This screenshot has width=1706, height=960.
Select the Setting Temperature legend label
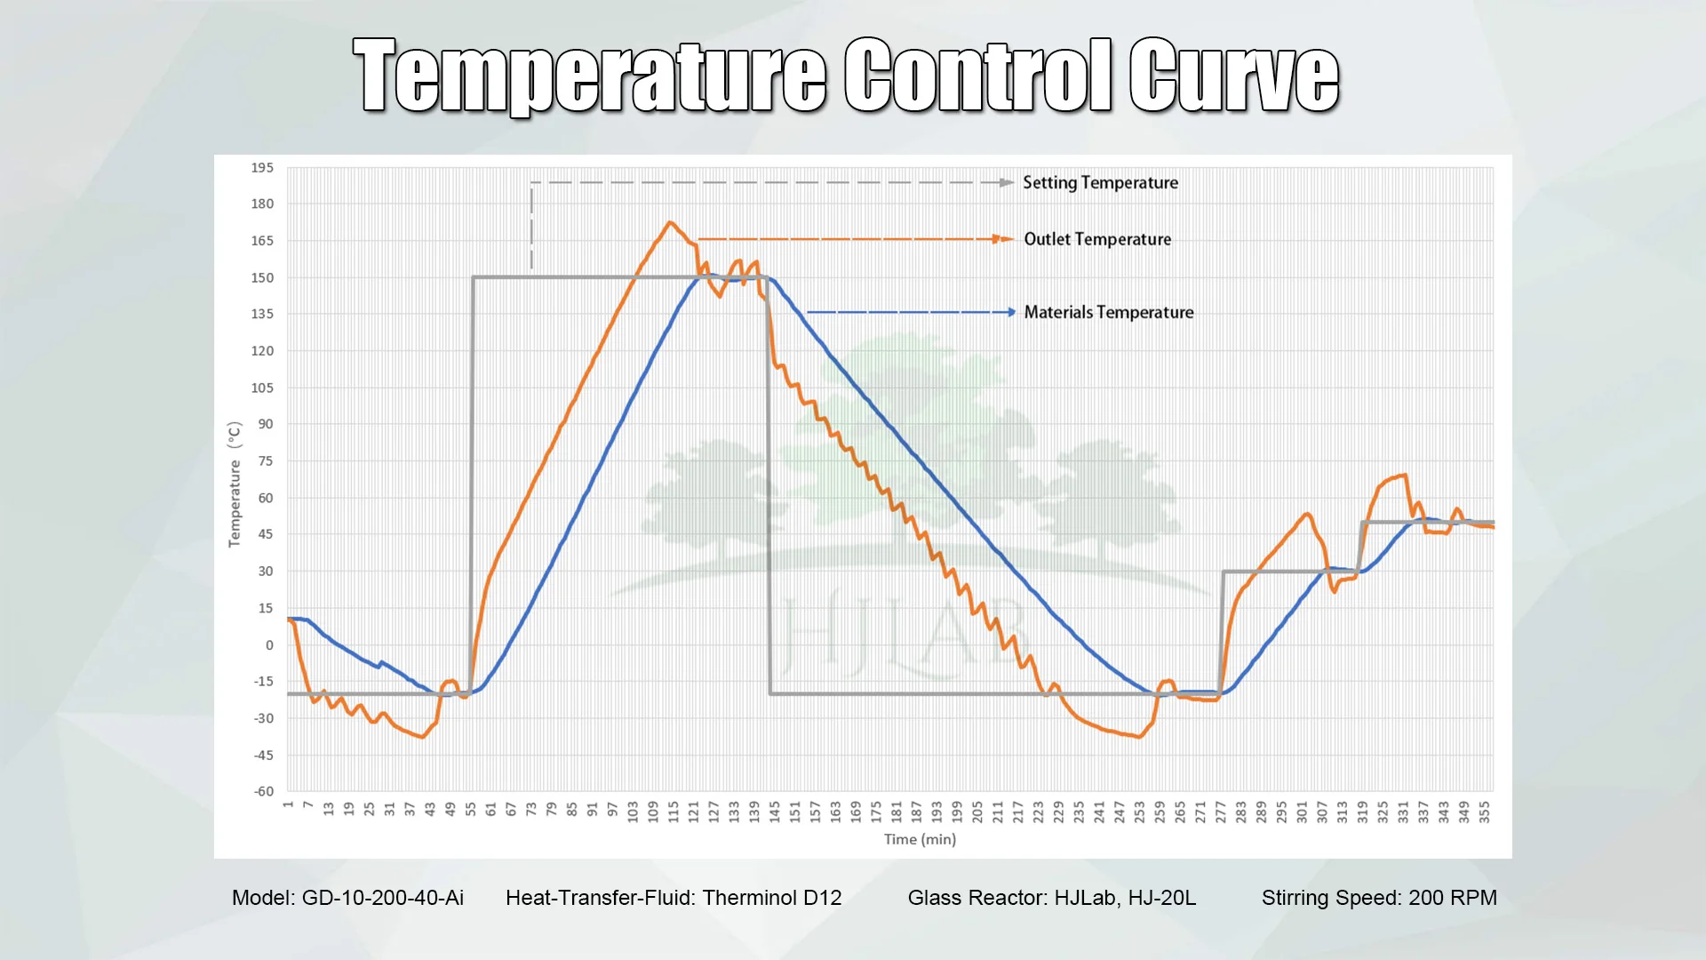1100,182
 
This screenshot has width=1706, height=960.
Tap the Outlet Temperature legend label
1097,239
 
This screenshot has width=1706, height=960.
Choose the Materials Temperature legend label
1108,312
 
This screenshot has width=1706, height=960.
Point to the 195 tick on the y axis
262,167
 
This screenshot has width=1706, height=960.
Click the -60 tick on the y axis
264,791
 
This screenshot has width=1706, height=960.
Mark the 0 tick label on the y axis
269,644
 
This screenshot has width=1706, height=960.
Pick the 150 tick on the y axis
262,277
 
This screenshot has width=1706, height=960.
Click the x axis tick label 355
1484,811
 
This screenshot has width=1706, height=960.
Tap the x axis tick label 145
775,811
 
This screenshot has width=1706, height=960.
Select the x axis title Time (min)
920,839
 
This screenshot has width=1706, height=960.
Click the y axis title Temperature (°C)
235,484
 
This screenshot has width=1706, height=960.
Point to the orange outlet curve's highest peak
670,223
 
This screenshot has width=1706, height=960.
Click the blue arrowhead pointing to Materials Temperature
1010,312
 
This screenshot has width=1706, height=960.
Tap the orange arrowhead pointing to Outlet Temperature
1006,239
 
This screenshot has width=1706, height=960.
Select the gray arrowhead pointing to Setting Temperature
1007,182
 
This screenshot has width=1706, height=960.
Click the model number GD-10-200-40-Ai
382,898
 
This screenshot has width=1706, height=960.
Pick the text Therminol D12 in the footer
771,898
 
